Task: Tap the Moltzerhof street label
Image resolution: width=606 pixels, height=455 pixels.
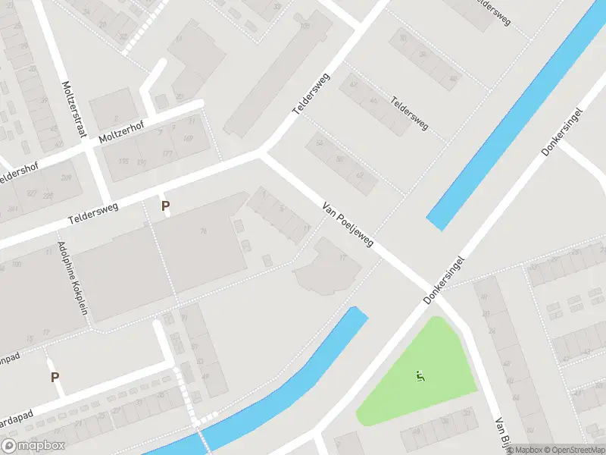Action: pos(120,133)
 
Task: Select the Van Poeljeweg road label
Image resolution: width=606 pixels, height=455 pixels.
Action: pos(348,224)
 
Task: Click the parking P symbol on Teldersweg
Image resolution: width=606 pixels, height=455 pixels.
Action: pos(165,206)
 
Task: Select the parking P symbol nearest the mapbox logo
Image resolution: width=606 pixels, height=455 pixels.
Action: pos(55,377)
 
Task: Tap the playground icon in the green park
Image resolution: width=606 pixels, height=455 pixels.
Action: pos(420,375)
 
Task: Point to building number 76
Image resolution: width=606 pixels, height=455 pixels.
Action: pos(203,231)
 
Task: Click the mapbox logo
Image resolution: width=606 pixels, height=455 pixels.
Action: pos(33,446)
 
